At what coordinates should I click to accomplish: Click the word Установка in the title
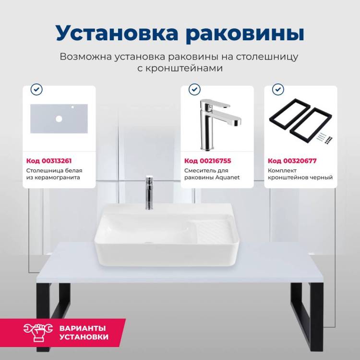click(x=117, y=32)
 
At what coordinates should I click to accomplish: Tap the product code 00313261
click(x=57, y=161)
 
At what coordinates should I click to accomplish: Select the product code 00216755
click(x=215, y=161)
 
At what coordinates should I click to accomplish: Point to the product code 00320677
click(x=300, y=161)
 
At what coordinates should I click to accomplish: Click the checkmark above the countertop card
click(x=36, y=89)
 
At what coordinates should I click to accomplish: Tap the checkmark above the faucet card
click(x=194, y=89)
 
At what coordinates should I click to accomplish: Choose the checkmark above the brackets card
click(x=278, y=89)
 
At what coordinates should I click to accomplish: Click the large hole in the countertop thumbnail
click(x=59, y=119)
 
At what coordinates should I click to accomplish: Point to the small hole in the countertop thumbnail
click(x=72, y=107)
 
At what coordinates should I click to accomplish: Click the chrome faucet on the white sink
click(x=149, y=192)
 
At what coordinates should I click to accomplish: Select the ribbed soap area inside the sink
click(x=212, y=231)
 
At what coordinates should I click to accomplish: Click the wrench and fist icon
click(x=38, y=332)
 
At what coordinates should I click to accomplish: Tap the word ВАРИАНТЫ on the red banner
click(x=83, y=328)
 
